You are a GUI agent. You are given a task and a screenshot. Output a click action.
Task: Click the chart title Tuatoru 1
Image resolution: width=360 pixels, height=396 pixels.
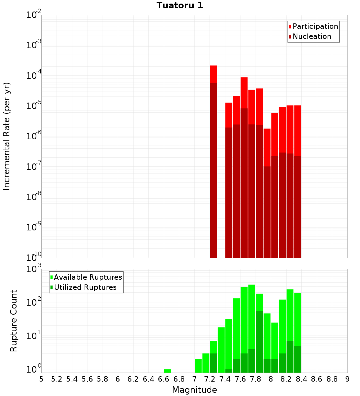click(x=180, y=6)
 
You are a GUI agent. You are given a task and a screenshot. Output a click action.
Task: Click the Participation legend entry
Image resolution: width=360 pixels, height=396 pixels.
click(x=315, y=27)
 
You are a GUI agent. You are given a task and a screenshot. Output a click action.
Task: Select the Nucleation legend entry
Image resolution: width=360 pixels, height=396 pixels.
click(x=312, y=37)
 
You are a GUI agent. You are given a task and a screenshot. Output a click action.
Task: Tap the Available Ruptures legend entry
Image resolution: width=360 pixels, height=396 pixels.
click(x=88, y=277)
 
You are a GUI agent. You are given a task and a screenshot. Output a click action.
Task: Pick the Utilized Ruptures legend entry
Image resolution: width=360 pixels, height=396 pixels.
click(x=85, y=287)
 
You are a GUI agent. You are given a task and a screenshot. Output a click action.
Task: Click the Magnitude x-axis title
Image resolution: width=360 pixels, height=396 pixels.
click(x=194, y=390)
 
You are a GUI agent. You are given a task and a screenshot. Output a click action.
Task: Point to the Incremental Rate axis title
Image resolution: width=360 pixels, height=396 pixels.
click(x=7, y=136)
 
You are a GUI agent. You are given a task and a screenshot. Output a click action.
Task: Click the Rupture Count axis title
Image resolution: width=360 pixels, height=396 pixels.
click(x=14, y=321)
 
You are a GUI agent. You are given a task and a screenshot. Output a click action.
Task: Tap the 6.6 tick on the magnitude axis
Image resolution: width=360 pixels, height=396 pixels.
click(x=164, y=379)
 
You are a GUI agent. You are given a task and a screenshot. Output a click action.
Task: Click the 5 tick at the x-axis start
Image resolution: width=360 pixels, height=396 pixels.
click(x=41, y=379)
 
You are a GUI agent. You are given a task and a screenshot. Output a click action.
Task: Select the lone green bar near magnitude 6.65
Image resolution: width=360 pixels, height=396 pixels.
click(x=167, y=371)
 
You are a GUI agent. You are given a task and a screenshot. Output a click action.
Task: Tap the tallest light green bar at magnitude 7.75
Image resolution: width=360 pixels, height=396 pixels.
click(x=252, y=313)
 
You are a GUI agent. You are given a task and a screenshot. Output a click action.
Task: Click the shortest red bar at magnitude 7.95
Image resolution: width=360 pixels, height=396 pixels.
click(x=267, y=148)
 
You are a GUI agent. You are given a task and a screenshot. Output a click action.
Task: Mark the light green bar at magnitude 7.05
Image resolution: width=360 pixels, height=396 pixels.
click(x=198, y=365)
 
